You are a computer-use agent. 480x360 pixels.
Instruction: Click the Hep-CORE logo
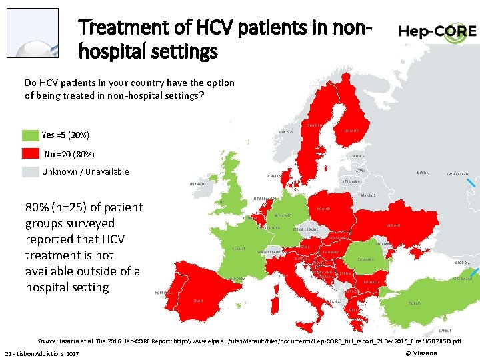click(x=437, y=31)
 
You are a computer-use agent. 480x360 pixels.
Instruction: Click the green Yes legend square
click(x=30, y=135)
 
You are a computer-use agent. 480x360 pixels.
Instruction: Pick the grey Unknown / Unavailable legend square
click(x=30, y=172)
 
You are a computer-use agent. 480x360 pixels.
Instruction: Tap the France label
click(x=238, y=249)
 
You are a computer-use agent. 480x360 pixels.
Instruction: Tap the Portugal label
click(x=164, y=293)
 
